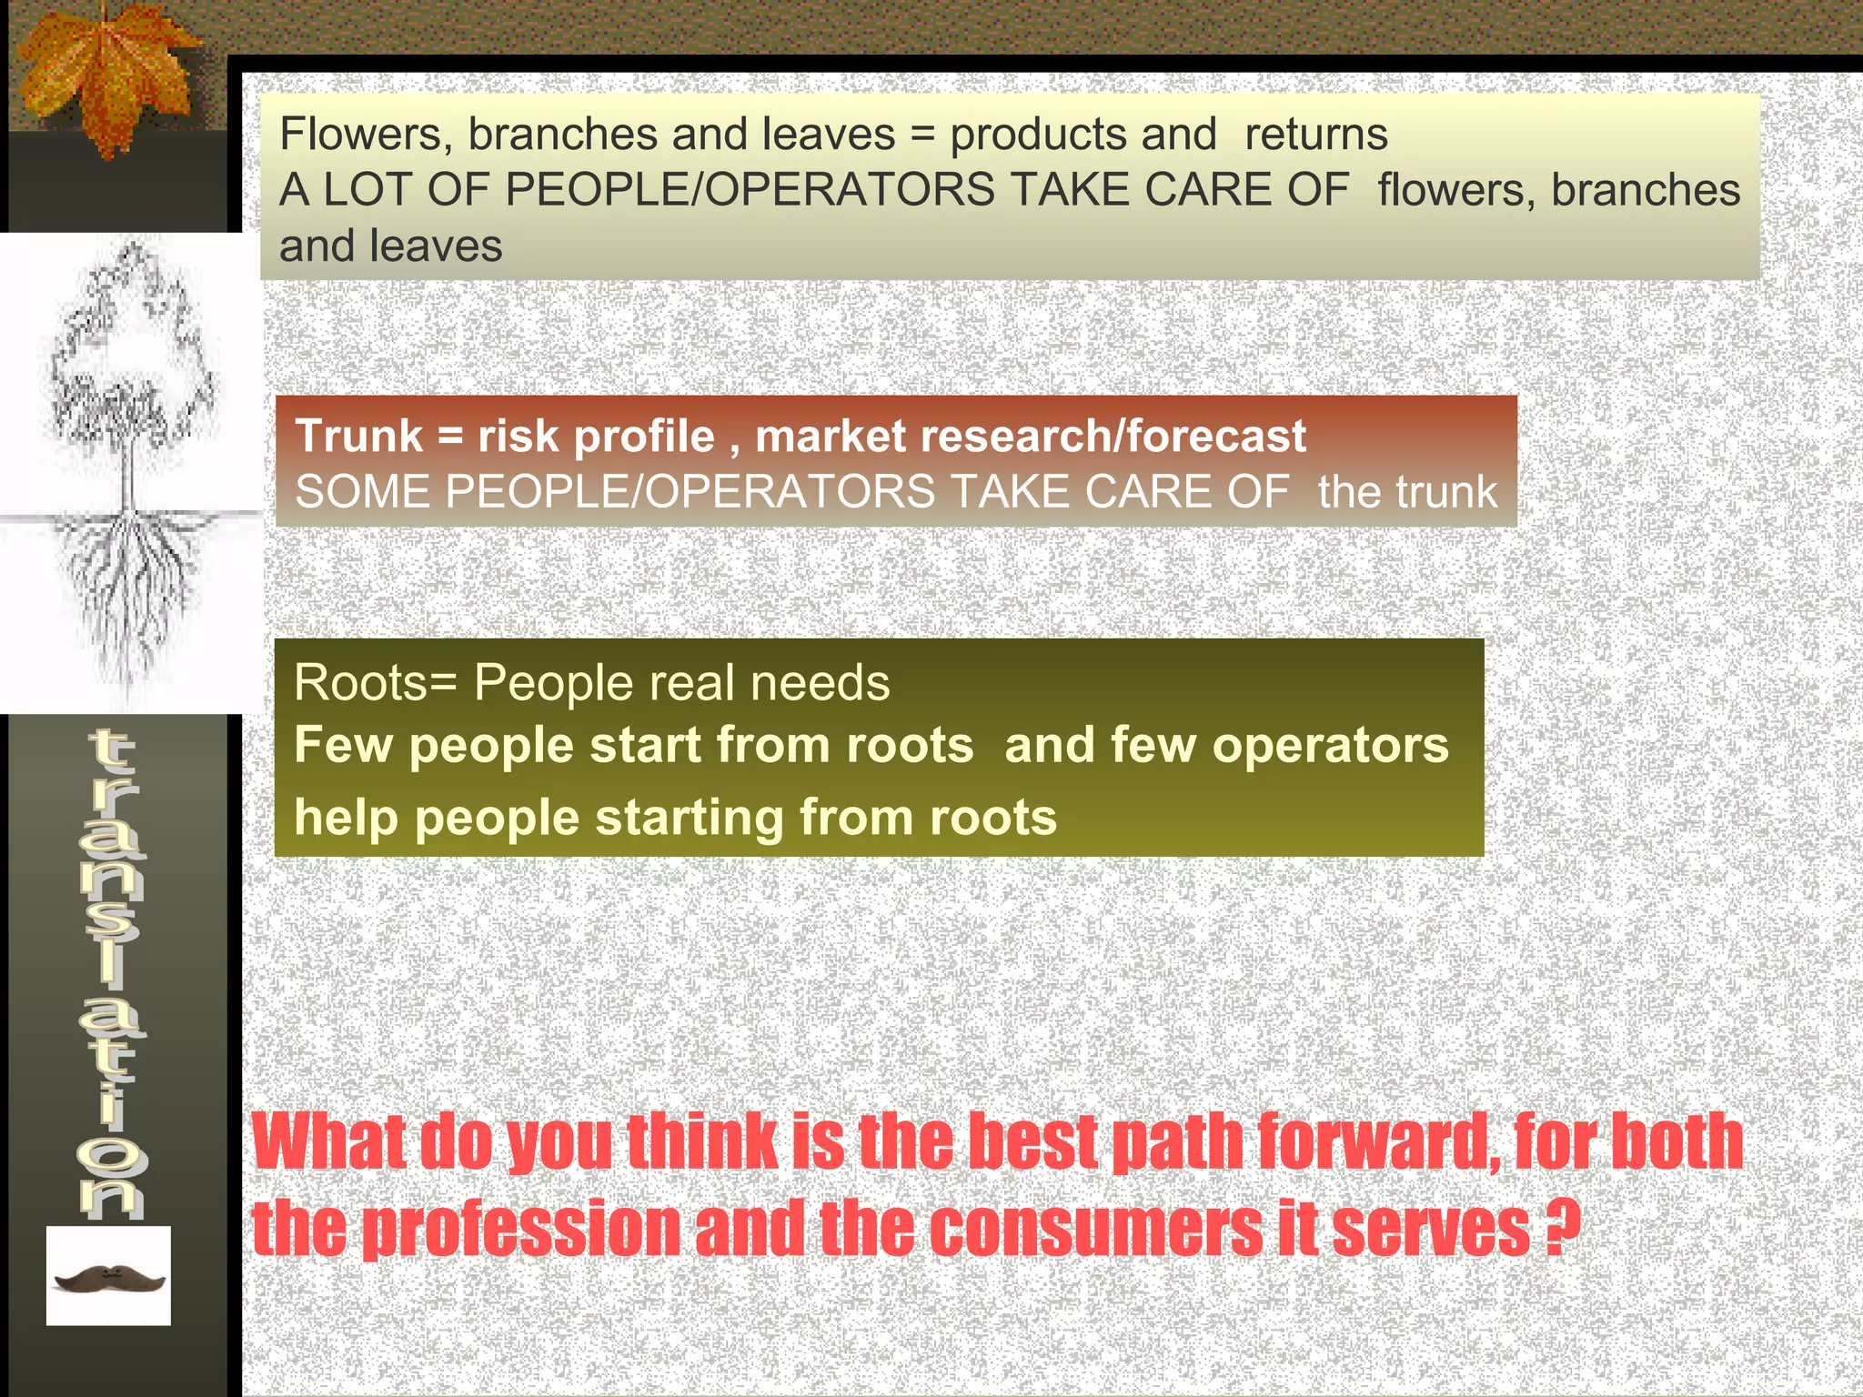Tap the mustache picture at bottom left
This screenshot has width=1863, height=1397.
pyautogui.click(x=109, y=1279)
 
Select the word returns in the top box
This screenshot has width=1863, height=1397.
pyautogui.click(x=1315, y=135)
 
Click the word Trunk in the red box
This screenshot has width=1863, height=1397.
pyautogui.click(x=359, y=436)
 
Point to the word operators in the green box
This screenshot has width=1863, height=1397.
pyautogui.click(x=1330, y=745)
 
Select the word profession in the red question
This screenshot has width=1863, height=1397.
pyautogui.click(x=521, y=1230)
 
